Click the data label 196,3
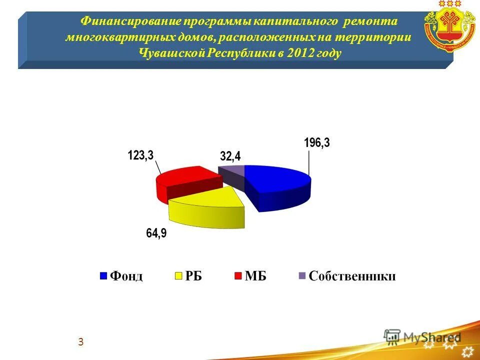click(x=317, y=143)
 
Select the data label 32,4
click(x=230, y=157)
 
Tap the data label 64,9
click(x=156, y=234)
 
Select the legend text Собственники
click(x=352, y=276)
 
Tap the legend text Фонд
click(x=126, y=276)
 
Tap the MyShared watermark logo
click(x=423, y=336)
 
